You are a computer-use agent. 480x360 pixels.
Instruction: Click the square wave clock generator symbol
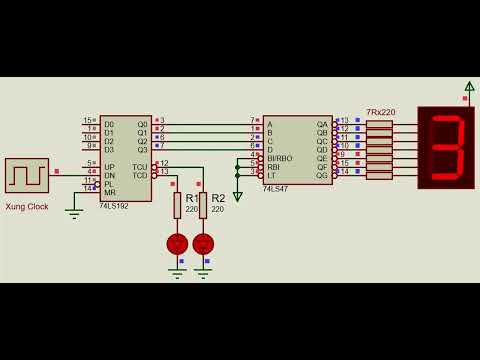pyautogui.click(x=26, y=176)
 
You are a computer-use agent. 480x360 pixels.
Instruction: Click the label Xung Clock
pyautogui.click(x=26, y=206)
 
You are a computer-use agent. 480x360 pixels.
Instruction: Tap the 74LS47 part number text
pyautogui.click(x=276, y=188)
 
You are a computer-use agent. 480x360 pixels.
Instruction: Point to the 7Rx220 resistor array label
pyautogui.click(x=380, y=114)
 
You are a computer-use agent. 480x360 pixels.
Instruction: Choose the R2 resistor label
pyautogui.click(x=218, y=198)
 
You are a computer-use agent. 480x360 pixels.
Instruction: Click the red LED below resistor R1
pyautogui.click(x=177, y=243)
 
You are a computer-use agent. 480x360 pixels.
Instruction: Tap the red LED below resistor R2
pyautogui.click(x=203, y=243)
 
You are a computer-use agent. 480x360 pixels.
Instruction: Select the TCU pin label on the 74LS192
pyautogui.click(x=139, y=166)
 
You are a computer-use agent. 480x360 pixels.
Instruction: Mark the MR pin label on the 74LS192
pyautogui.click(x=110, y=191)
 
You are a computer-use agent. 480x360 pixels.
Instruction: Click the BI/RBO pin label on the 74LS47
pyautogui.click(x=279, y=158)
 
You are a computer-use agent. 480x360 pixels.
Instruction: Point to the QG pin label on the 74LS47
pyautogui.click(x=322, y=175)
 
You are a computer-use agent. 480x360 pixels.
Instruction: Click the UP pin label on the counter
pyautogui.click(x=110, y=166)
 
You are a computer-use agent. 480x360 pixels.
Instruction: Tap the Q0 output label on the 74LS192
pyautogui.click(x=141, y=123)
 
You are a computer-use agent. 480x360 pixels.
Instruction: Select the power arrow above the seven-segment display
pyautogui.click(x=469, y=88)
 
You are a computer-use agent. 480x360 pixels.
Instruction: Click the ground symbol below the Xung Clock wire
pyautogui.click(x=72, y=210)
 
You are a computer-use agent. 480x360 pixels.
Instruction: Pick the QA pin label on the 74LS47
pyautogui.click(x=322, y=124)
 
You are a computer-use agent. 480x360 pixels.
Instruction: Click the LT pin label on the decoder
pyautogui.click(x=271, y=175)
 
